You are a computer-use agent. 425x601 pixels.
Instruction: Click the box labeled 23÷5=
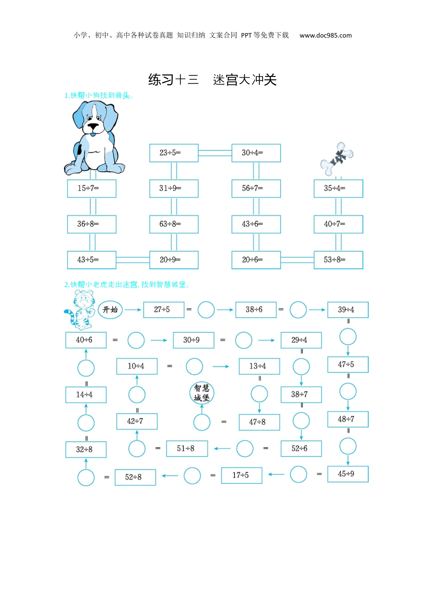(174, 153)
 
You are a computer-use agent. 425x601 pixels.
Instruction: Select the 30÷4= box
(256, 153)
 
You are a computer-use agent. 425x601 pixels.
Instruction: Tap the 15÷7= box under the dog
(92, 188)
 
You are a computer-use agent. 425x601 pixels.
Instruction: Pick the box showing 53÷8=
(338, 260)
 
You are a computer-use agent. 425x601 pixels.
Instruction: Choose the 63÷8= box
(174, 224)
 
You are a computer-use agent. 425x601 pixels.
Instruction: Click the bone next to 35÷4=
(337, 159)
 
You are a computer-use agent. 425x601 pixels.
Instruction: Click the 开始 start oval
(110, 309)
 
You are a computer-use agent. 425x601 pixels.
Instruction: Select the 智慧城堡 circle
(202, 393)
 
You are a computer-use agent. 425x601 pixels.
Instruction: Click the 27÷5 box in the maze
(163, 309)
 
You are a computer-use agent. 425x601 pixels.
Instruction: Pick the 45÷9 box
(348, 474)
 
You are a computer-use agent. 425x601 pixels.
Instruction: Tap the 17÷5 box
(242, 475)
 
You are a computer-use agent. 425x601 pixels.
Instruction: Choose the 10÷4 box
(136, 366)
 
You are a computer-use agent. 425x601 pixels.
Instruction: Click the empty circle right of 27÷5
(206, 309)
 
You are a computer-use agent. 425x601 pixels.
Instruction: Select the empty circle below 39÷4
(348, 336)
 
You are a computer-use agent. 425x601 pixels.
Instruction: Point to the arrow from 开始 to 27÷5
(133, 309)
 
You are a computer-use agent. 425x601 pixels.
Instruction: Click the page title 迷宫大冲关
(245, 80)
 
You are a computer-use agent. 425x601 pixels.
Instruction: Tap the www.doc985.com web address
(325, 35)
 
